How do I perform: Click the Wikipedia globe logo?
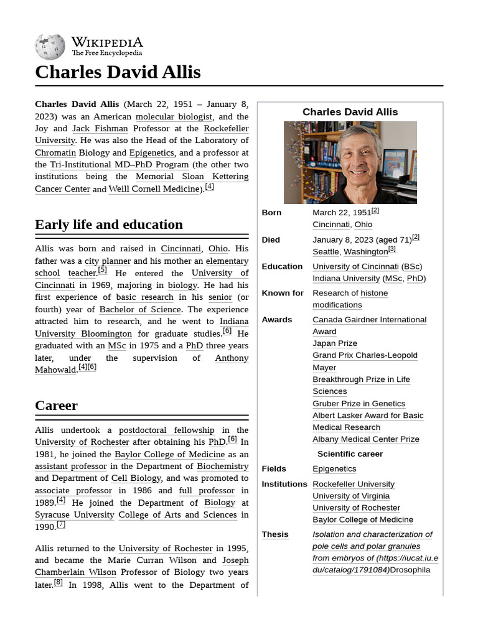click(x=50, y=47)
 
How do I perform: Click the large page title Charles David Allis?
click(x=118, y=72)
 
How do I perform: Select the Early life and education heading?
click(x=109, y=225)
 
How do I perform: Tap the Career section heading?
click(x=57, y=406)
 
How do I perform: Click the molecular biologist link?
click(x=174, y=116)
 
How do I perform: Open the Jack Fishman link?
click(x=100, y=129)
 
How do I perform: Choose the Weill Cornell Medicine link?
click(x=154, y=189)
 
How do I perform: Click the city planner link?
click(x=108, y=261)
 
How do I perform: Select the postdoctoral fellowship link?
click(x=166, y=430)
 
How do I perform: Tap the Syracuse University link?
click(x=75, y=514)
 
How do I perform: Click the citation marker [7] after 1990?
click(x=60, y=525)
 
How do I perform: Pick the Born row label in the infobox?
click(x=271, y=213)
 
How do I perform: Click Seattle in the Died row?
click(x=326, y=252)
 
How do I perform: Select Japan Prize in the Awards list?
click(x=335, y=343)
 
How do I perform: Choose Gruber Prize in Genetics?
click(x=358, y=404)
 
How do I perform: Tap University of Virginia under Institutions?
click(x=351, y=496)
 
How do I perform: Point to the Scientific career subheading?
click(x=350, y=454)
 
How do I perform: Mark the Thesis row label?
click(x=275, y=534)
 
